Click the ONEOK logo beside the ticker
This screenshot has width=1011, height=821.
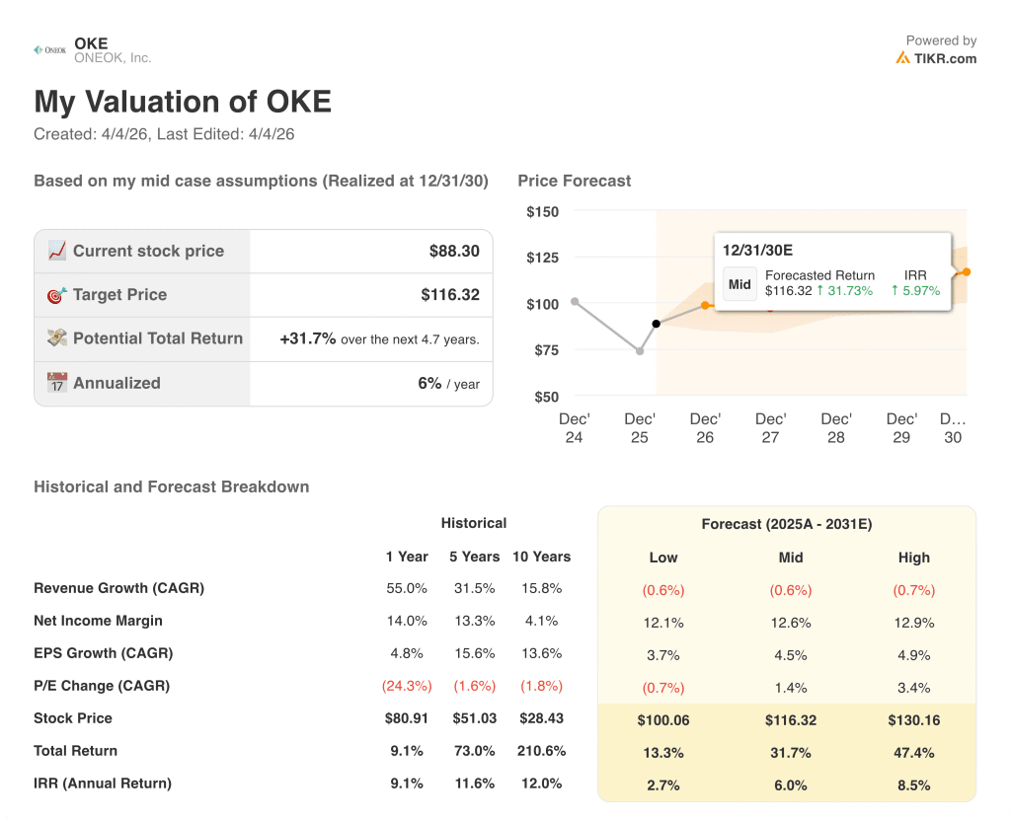[x=49, y=49]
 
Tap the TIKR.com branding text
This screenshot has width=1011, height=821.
[x=945, y=58]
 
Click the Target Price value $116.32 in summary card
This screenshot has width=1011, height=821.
[x=449, y=294]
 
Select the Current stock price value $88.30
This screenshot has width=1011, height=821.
[x=454, y=251]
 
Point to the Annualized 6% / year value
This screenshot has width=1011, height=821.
[x=448, y=383]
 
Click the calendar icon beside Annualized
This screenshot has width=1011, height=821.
[x=57, y=383]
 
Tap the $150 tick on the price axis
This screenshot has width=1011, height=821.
[x=542, y=211]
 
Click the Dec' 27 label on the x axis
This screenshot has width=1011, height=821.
[x=770, y=427]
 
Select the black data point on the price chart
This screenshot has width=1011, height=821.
[x=656, y=324]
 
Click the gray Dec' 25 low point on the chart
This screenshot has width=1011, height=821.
[x=640, y=351]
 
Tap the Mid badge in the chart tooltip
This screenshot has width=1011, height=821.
[x=739, y=284]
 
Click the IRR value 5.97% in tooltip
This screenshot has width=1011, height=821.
[x=915, y=291]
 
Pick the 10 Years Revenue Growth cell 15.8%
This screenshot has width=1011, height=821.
[x=541, y=588]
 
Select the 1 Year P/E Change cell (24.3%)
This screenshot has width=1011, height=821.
[x=406, y=686]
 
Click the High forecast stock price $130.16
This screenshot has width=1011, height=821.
[x=913, y=720]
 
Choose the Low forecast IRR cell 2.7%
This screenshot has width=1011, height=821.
[x=662, y=785]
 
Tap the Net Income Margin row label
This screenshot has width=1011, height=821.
[x=98, y=621]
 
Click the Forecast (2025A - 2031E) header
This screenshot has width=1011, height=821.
[x=786, y=524]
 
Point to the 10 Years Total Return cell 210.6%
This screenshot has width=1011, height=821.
[x=541, y=751]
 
